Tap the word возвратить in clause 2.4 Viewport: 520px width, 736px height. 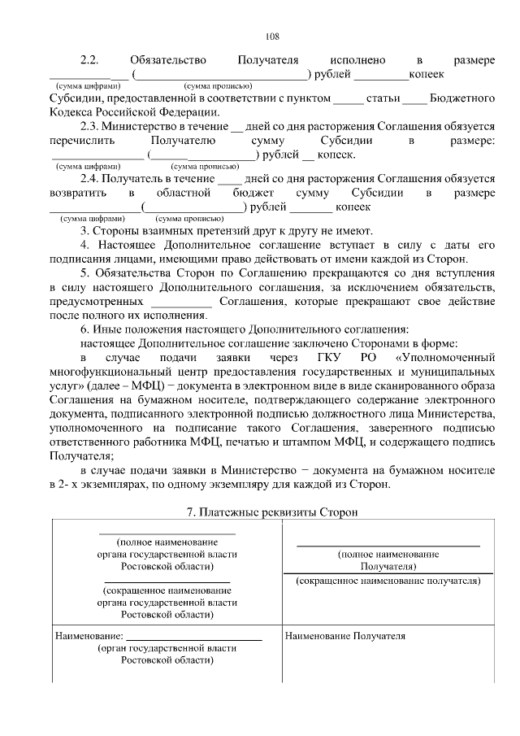(x=78, y=193)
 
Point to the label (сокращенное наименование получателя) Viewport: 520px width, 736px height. (x=388, y=581)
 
